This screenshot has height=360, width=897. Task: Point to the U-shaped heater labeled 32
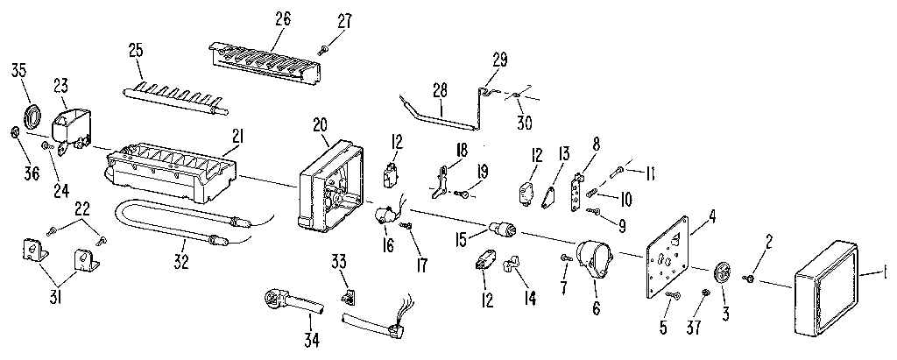(x=175, y=227)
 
